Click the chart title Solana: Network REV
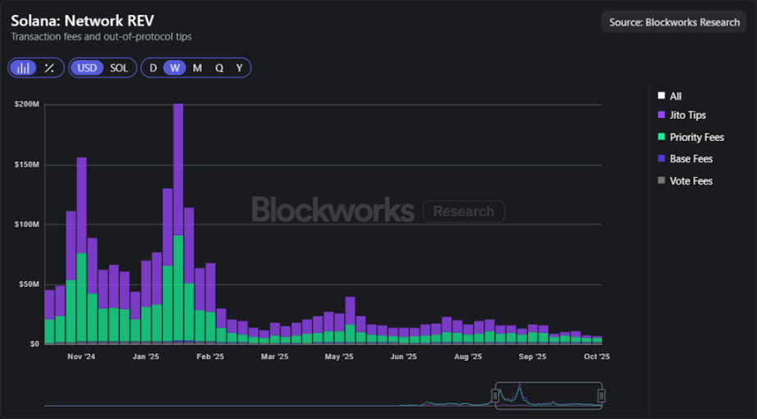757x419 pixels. pos(82,20)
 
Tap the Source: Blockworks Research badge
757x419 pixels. pos(674,22)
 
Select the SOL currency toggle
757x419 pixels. pos(119,68)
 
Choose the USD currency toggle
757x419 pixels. pos(86,68)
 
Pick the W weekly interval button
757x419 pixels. pos(174,68)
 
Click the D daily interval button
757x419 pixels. pos(153,68)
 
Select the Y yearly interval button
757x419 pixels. pos(239,68)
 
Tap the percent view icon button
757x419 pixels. pos(49,68)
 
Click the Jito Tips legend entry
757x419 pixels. pos(687,116)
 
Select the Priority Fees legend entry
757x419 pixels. pos(696,137)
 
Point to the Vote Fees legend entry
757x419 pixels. pos(690,180)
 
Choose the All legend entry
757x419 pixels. pos(675,96)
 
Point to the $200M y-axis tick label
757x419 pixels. pos(27,104)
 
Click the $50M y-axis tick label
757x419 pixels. pos(29,284)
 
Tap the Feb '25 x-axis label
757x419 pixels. pos(210,357)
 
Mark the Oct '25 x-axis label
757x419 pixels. pos(596,357)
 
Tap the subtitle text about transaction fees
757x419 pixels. pos(101,37)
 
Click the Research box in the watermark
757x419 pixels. pos(463,212)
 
